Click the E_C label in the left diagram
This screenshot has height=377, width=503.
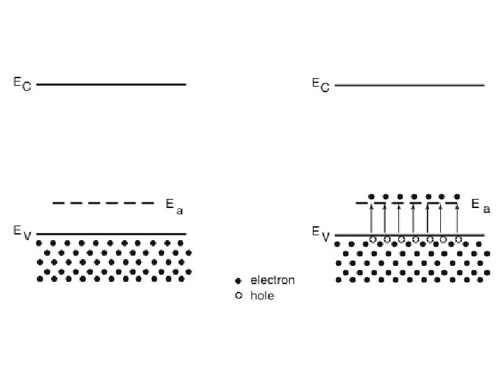22,83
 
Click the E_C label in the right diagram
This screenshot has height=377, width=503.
320,84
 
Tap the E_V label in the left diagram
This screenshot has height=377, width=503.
22,233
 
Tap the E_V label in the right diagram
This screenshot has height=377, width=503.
321,234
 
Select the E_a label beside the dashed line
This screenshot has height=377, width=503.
174,205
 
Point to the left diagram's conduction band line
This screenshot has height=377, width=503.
112,84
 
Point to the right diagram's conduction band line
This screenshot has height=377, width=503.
409,85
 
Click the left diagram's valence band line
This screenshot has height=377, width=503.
112,234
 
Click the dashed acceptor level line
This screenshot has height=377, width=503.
103,203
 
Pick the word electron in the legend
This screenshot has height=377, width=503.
272,281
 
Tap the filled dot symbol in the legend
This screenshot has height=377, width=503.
238,281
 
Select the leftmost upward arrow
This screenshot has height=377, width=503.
371,219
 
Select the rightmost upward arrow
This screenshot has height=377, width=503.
457,219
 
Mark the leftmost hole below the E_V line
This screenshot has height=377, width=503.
372,240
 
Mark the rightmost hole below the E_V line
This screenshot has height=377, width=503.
458,240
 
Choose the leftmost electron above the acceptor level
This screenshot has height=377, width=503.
371,196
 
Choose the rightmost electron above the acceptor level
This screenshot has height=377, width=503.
457,196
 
